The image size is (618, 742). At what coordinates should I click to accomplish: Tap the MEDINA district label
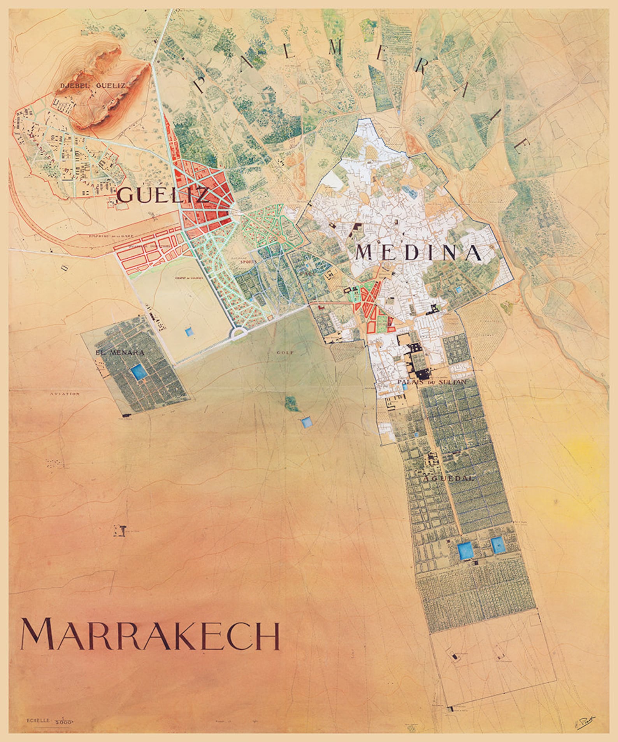(x=418, y=253)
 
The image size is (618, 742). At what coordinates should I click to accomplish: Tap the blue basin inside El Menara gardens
(x=138, y=372)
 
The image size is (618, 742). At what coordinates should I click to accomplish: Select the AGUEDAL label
(x=448, y=478)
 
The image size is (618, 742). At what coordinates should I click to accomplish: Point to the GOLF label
(x=285, y=352)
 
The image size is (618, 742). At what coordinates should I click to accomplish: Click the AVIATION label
(x=65, y=394)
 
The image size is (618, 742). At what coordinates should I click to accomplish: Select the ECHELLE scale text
(x=38, y=720)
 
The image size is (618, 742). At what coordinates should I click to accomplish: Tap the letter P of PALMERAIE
(x=202, y=84)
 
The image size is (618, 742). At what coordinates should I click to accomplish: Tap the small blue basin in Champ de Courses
(x=189, y=331)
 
